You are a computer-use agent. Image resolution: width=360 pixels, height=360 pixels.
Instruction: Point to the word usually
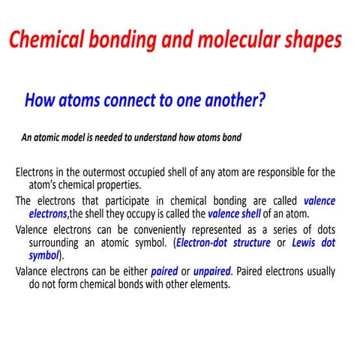click(x=316, y=271)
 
